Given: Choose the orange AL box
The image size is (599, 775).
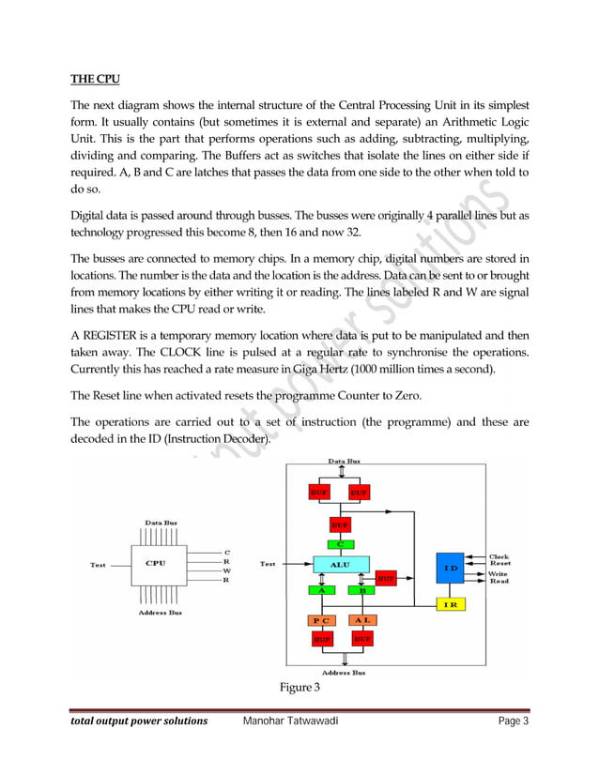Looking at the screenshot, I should click(x=361, y=621).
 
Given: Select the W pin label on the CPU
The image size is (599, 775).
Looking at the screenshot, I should click(x=226, y=570).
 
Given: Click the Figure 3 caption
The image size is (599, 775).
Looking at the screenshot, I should click(x=299, y=689).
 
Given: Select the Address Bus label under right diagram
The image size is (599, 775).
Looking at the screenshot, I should click(x=344, y=672).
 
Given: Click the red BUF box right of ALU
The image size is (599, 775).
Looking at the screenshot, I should click(x=386, y=579).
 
